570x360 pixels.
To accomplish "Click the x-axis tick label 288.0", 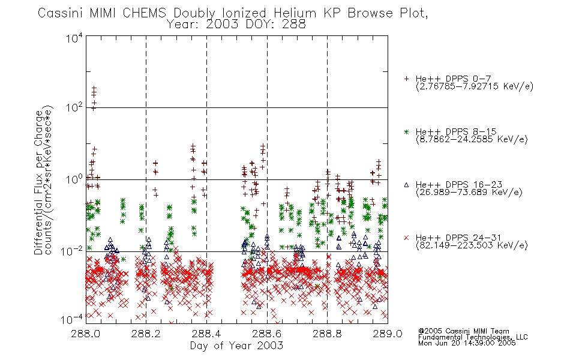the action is tap(86, 334).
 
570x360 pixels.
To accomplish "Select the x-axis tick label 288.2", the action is tap(146, 334).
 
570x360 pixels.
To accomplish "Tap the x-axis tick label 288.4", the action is tap(206, 334).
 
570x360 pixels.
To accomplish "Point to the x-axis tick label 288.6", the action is tap(267, 334).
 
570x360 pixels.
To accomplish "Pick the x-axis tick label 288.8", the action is tap(327, 334).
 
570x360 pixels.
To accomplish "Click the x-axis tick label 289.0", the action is tap(388, 334).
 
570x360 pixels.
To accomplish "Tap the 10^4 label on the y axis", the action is tap(74, 38).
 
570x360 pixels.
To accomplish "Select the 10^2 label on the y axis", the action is tap(74, 107).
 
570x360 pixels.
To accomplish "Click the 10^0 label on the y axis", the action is tap(74, 179).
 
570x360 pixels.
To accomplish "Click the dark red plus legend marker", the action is tap(406, 79).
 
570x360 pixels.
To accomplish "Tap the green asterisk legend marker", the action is tap(406, 131).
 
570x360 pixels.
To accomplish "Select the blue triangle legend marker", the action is tap(406, 185).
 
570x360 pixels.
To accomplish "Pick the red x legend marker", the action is tap(406, 238).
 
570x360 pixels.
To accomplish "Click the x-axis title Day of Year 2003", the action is tap(236, 346).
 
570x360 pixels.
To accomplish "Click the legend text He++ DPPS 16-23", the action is tap(459, 185).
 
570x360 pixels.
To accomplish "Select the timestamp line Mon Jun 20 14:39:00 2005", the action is tap(467, 343).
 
